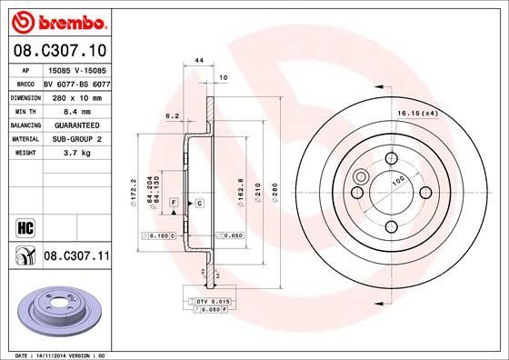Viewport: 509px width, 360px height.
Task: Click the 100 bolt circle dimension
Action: (397, 183)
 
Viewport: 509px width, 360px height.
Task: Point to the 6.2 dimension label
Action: (171, 116)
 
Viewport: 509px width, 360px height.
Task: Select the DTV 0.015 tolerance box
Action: (209, 301)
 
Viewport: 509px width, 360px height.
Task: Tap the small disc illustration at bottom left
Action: (57, 312)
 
